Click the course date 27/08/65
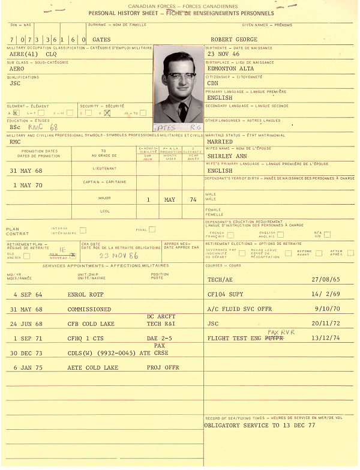324,280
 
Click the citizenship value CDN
212,83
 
